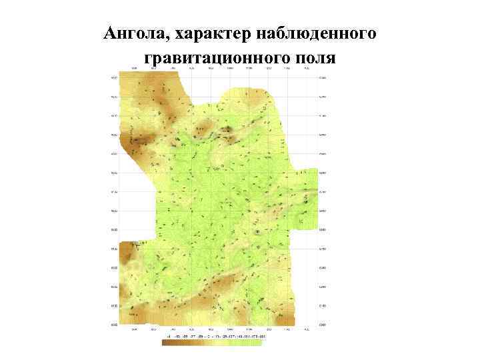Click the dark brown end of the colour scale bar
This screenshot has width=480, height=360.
(x=166, y=343)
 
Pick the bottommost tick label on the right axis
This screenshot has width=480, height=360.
(x=323, y=325)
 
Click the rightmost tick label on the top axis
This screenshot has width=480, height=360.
(x=306, y=68)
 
